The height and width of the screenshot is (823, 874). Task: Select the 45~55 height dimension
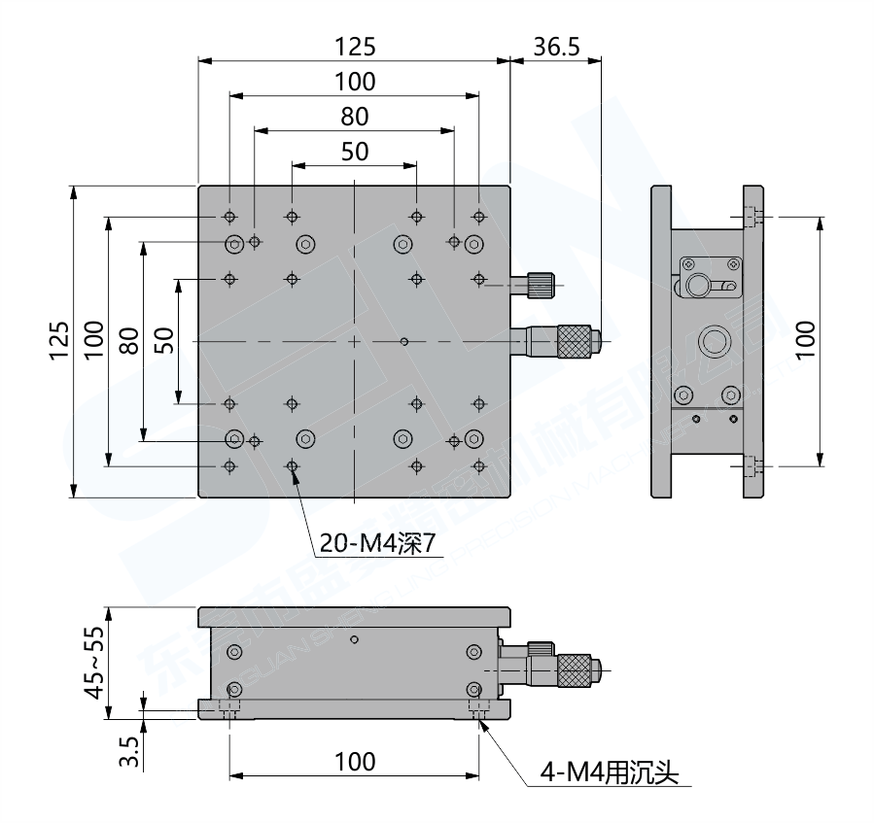click(x=93, y=663)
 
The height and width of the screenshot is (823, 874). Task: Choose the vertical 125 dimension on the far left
click(x=58, y=341)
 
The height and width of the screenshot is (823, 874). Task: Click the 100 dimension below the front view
click(x=354, y=761)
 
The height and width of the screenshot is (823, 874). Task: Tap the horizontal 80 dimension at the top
click(x=354, y=117)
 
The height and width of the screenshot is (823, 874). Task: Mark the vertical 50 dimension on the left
click(x=163, y=341)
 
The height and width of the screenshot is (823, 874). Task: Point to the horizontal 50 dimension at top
click(x=354, y=152)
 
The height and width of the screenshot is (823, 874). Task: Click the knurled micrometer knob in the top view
click(x=576, y=340)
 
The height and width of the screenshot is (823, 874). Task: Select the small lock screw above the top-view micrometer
click(x=541, y=285)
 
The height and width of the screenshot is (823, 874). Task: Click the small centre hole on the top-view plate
click(x=403, y=341)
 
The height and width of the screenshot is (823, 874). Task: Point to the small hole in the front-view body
click(x=358, y=639)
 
